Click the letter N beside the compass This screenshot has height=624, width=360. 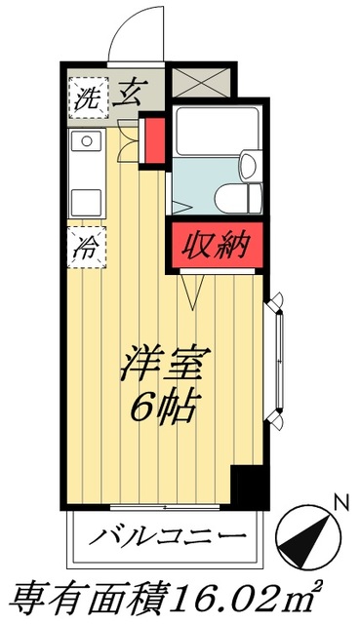340,503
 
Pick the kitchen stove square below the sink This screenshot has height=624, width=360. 87,201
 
